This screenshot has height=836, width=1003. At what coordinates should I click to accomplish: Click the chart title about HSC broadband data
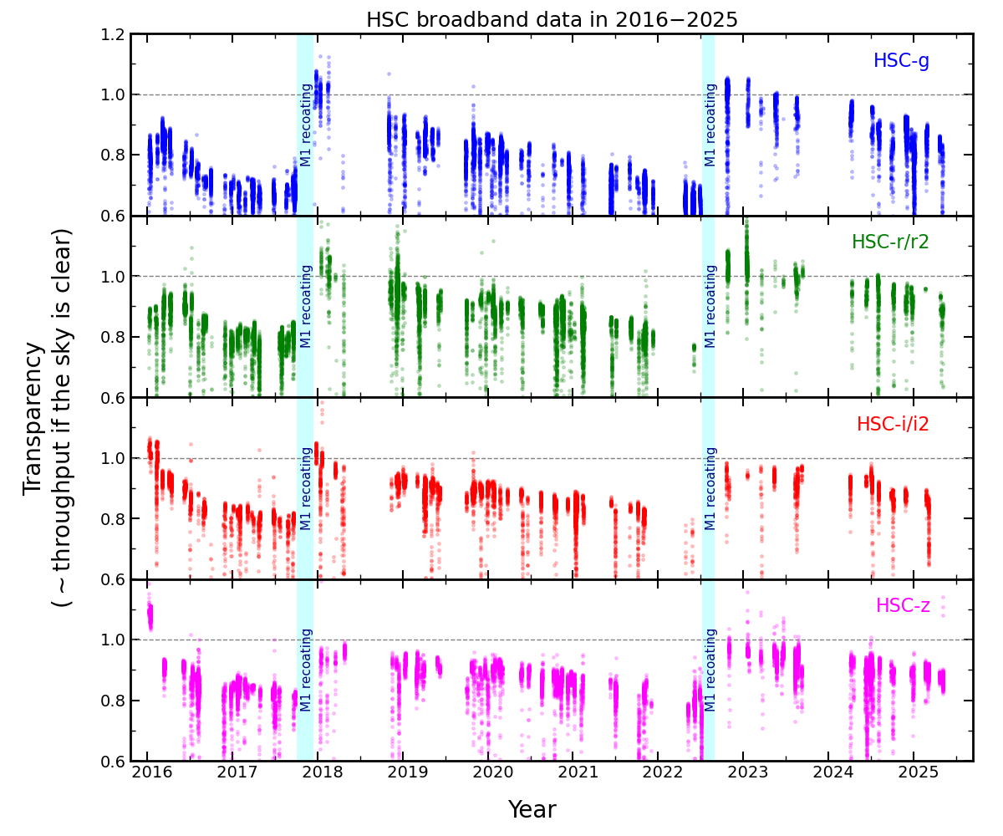552,20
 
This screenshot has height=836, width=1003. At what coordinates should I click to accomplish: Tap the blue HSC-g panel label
901,61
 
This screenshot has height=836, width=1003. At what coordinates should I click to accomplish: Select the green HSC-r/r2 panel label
890,242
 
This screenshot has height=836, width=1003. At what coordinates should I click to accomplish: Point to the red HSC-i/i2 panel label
893,425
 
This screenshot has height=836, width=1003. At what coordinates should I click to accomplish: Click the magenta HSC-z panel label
902,606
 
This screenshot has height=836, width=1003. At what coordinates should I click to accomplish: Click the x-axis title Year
532,810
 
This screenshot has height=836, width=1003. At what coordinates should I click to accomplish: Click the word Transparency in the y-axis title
34,418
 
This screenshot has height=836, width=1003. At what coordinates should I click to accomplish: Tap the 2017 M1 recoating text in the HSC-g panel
306,125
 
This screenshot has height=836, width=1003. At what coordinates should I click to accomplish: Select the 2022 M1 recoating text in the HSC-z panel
710,670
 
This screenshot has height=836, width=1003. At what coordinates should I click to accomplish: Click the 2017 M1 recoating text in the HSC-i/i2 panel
306,488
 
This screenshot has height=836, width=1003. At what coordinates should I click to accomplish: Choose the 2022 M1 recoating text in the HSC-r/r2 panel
710,306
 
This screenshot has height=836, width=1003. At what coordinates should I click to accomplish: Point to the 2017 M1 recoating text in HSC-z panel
306,670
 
